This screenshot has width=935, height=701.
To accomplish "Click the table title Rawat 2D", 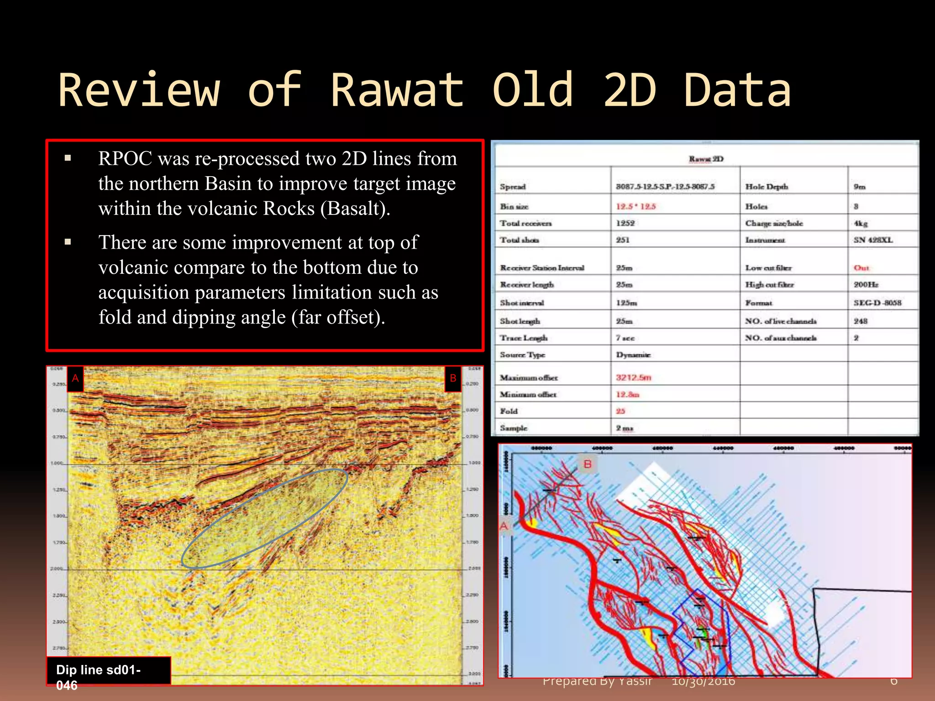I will (706, 159).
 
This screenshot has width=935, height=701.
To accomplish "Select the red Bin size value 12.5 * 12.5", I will (636, 206).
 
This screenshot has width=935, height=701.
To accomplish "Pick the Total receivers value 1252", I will (625, 223).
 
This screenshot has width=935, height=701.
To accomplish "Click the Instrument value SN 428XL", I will (873, 240).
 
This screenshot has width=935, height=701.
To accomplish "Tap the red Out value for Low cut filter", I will (861, 268).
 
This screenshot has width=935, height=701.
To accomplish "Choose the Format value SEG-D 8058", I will (877, 303).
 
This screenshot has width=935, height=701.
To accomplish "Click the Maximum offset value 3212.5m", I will (633, 377).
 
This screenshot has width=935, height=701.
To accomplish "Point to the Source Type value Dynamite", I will (633, 355).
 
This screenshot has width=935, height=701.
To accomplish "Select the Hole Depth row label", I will (766, 187).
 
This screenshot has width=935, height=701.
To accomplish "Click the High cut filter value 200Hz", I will (866, 285).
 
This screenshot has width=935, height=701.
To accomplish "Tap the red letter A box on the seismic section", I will (75, 378).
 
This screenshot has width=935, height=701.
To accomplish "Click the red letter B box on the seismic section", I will (453, 378).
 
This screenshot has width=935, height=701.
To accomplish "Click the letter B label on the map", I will (588, 464).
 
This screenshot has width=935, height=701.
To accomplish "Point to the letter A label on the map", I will (504, 526).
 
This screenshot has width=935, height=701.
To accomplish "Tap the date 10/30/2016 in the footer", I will (703, 682).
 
